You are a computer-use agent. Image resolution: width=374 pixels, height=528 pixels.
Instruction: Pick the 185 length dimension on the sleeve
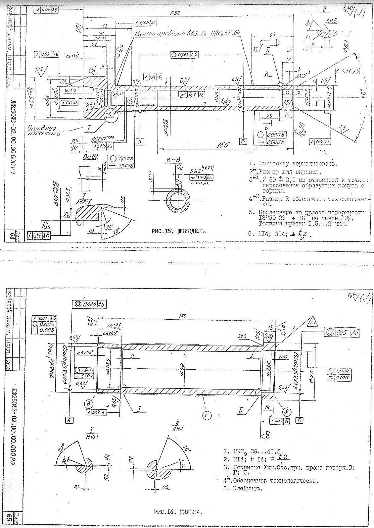[x=181, y=316]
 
